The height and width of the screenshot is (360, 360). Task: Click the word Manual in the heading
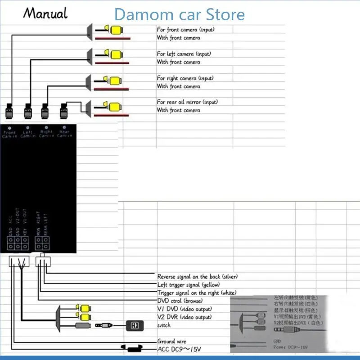click(45, 13)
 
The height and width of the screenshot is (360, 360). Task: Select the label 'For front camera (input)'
click(186, 30)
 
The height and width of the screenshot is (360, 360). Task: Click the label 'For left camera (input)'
click(184, 54)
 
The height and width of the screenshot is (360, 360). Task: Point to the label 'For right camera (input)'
click(185, 78)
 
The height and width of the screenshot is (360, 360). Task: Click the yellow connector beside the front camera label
click(116, 30)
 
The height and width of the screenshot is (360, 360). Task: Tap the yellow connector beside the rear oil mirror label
click(116, 106)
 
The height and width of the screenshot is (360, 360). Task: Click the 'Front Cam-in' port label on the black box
click(9, 134)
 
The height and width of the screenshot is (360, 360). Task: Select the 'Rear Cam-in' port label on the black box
click(65, 134)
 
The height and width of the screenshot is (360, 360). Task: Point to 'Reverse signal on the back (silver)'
click(197, 276)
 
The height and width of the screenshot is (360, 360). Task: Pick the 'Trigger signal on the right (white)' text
click(197, 293)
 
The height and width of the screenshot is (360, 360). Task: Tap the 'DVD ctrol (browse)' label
click(180, 301)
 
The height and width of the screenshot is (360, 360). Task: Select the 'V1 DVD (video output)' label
click(184, 309)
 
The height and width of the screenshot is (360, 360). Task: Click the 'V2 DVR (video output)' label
click(184, 317)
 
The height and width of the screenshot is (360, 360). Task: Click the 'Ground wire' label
click(171, 342)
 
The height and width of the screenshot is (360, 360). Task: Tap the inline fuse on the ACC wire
click(133, 348)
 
